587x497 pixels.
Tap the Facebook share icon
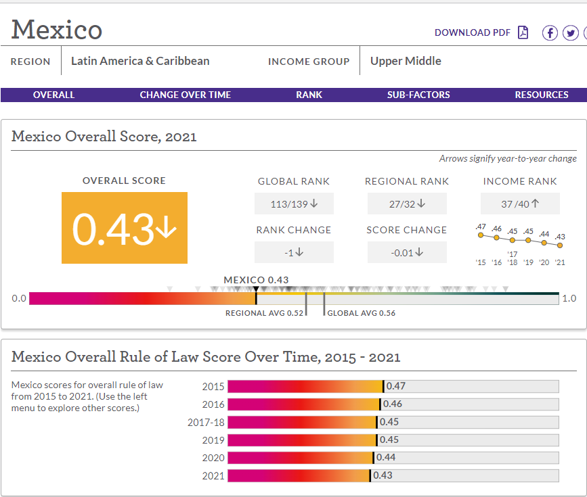[x=550, y=33]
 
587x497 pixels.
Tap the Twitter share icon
[x=571, y=33]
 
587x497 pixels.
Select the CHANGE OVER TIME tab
[x=186, y=95]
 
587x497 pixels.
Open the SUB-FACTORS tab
[x=418, y=95]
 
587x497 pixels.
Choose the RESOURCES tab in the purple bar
[x=542, y=95]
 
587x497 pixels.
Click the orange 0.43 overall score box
[x=125, y=228]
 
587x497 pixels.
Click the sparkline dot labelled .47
[x=481, y=235]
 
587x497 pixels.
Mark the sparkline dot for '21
[x=560, y=245]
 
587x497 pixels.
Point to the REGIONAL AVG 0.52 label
[x=264, y=313]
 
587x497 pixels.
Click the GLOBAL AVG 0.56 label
[x=362, y=313]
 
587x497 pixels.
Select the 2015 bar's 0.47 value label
[x=395, y=386]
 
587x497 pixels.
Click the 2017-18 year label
[x=206, y=422]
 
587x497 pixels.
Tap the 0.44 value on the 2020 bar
[x=386, y=457]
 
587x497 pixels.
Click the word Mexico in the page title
[x=56, y=30]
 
